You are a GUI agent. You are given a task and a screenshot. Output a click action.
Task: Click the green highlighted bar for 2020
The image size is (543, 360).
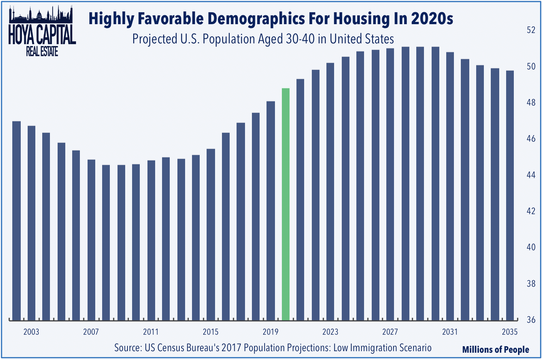click(x=286, y=205)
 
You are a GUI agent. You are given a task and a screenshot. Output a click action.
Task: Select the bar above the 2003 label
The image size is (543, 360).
click(x=31, y=223)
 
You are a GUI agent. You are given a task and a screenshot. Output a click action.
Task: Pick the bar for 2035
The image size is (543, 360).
click(x=510, y=195)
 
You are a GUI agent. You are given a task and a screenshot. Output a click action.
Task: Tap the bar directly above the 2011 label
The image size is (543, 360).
click(x=151, y=240)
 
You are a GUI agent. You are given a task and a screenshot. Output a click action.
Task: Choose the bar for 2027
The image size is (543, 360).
click(x=390, y=184)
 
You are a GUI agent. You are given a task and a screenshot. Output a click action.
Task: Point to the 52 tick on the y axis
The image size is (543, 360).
click(x=531, y=30)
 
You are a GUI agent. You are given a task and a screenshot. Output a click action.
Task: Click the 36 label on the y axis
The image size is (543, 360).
click(x=531, y=320)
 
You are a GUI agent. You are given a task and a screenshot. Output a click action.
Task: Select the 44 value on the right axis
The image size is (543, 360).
click(x=531, y=175)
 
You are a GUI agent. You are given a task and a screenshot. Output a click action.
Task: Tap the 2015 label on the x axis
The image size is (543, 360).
click(x=210, y=332)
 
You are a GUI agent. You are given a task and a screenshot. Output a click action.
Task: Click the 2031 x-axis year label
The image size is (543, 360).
click(x=450, y=332)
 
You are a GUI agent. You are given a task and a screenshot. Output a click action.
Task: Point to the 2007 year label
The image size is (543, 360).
click(x=91, y=332)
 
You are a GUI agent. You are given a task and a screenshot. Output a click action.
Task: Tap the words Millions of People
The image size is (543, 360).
click(x=495, y=350)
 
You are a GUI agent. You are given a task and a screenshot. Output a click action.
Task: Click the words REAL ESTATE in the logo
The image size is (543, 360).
click(x=42, y=51)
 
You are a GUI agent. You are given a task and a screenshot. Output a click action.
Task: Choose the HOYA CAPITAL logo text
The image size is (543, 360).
click(x=42, y=35)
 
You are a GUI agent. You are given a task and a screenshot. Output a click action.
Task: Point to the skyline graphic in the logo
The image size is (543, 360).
click(x=41, y=15)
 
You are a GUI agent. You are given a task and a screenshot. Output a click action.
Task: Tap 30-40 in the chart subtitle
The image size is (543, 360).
click(x=300, y=39)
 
